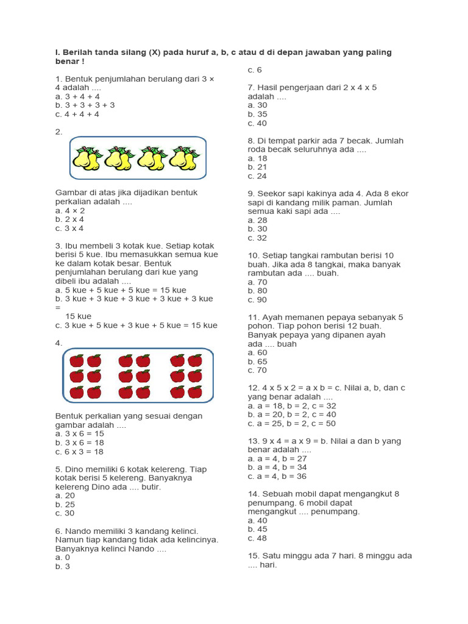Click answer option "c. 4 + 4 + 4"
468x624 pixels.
coord(77,114)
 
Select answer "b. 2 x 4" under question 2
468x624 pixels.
coord(69,219)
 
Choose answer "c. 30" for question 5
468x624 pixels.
coord(65,514)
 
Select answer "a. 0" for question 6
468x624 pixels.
coord(63,558)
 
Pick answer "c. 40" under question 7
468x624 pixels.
coord(257,123)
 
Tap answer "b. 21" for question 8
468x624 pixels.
coord(257,167)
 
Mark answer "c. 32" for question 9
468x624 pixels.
coord(257,238)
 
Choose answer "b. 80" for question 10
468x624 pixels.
coord(257,291)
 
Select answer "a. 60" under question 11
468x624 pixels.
coord(257,353)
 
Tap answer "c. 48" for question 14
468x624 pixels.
coord(257,538)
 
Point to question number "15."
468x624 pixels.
coord(254,556)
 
